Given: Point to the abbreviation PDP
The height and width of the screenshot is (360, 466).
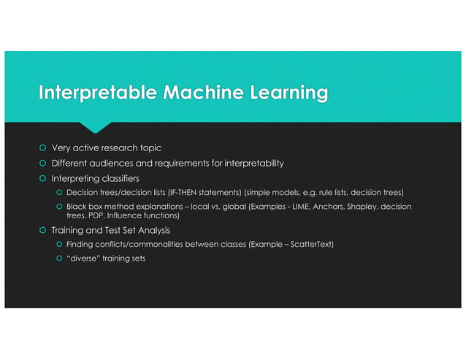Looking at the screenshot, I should [97, 216].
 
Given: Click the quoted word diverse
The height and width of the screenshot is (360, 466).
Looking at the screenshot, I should [83, 258].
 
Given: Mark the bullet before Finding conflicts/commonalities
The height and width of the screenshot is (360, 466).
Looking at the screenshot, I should [58, 244].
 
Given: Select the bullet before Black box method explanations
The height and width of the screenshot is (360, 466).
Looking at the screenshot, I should [58, 207].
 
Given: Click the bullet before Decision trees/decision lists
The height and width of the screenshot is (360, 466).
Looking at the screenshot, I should [58, 192].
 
